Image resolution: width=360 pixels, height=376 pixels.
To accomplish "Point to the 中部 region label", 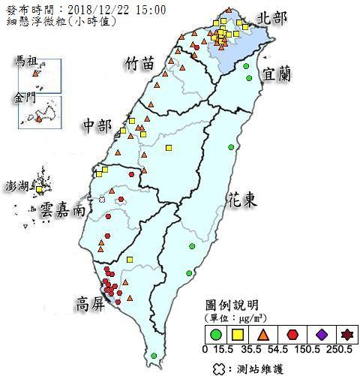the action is [x=97, y=123].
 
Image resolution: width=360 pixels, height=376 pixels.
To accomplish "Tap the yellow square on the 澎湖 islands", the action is [x=40, y=189].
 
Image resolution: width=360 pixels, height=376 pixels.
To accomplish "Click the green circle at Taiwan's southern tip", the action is [x=154, y=356].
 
